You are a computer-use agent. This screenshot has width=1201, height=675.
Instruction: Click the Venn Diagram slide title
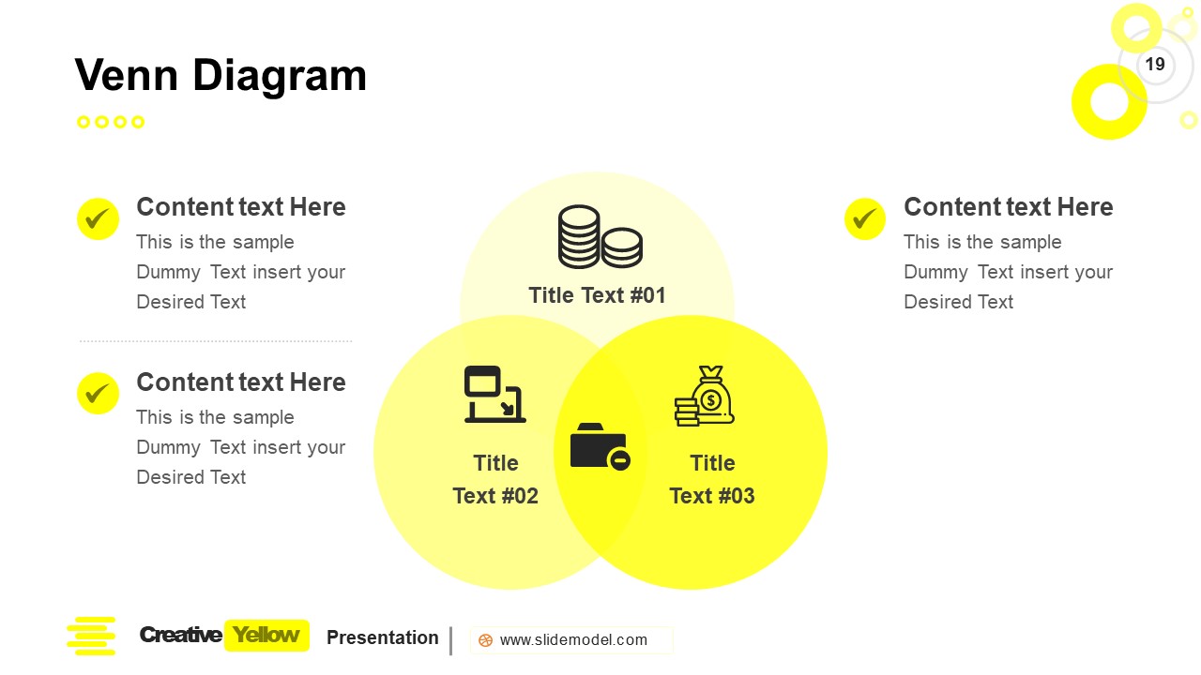220,75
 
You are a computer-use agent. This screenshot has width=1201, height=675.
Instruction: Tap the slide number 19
1155,64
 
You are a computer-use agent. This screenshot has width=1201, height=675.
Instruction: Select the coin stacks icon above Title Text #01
600,237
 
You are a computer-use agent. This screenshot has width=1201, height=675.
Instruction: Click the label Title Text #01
597,295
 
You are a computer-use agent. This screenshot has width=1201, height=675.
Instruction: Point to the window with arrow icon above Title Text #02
494,394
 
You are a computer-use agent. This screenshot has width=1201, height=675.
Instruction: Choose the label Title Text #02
495,479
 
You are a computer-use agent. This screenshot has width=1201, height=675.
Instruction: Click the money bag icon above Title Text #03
705,397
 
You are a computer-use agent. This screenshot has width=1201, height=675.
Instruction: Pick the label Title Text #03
712,479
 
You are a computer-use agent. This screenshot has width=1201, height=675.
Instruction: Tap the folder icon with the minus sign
600,446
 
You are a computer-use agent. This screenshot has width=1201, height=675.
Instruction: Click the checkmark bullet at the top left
98,219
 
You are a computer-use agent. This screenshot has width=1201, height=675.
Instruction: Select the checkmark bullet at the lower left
98,394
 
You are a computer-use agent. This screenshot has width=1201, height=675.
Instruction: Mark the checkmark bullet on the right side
865,219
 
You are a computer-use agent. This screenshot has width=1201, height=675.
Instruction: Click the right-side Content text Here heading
1008,207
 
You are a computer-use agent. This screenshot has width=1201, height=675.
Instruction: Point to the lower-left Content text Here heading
241,382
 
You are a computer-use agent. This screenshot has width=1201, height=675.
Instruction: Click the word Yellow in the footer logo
266,636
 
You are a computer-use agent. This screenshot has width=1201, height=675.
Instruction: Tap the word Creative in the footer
180,636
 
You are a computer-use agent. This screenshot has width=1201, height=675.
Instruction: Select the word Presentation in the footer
382,637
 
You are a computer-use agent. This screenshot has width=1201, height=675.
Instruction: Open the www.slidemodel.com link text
573,640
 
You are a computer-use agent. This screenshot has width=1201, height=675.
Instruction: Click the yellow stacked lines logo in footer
91,636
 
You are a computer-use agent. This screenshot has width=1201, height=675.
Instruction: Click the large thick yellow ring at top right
1109,101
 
